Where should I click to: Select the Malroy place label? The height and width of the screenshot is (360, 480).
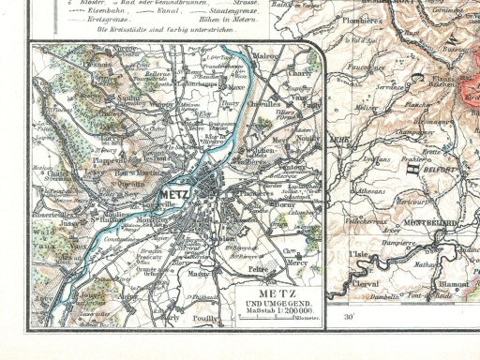point(266,56)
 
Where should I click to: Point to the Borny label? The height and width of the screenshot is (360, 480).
point(282,202)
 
